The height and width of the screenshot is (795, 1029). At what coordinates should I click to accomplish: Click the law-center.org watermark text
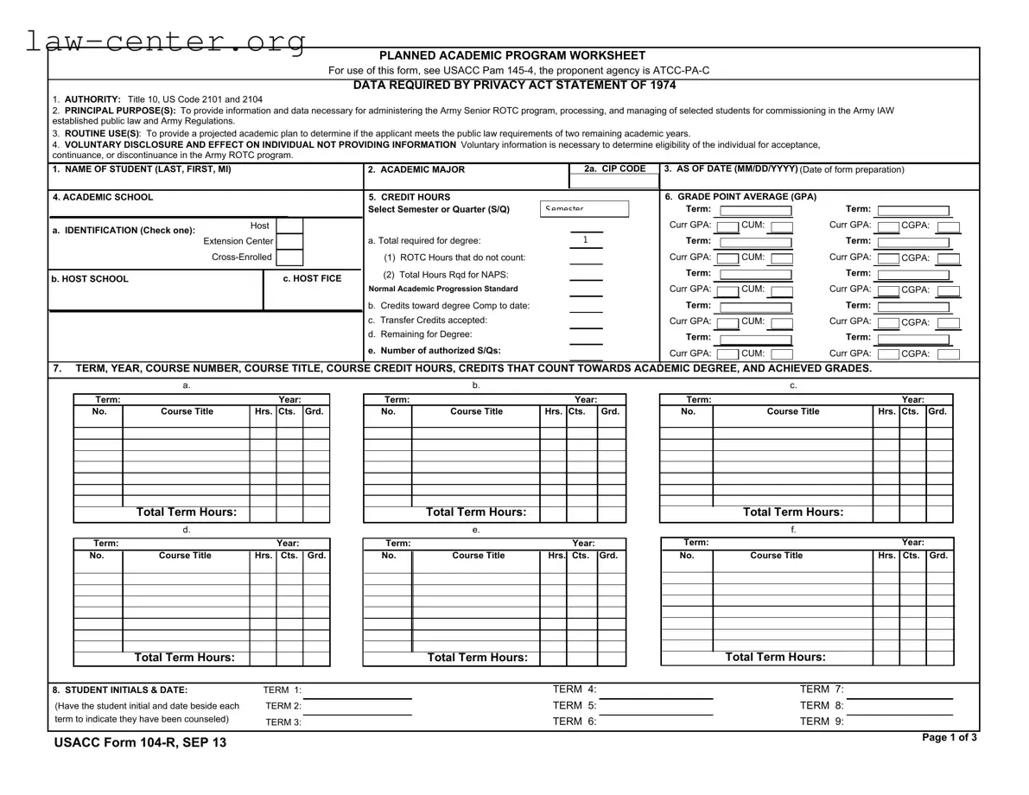point(164,41)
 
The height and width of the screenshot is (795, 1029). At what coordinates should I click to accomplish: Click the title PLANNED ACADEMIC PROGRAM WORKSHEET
point(512,55)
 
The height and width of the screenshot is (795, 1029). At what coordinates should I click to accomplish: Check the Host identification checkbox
point(289,226)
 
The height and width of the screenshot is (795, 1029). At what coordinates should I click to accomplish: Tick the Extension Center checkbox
point(289,242)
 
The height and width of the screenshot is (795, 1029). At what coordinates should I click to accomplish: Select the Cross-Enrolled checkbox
point(289,258)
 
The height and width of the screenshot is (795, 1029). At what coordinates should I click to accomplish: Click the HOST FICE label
point(312,279)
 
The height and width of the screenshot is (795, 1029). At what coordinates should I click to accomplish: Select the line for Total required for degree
point(586,240)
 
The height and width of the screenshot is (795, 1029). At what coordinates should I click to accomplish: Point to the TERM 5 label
point(575,705)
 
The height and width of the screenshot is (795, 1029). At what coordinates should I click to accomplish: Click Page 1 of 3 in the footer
point(950,738)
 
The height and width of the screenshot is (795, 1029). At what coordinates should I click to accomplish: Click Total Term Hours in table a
point(186,512)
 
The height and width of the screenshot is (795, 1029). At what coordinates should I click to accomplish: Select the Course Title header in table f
point(776,556)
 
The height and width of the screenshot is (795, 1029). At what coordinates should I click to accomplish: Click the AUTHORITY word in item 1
point(92,100)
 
